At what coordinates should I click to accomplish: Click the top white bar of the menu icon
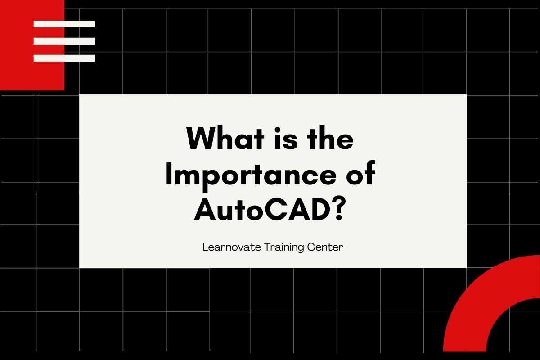click(x=64, y=24)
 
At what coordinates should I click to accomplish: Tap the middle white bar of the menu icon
click(x=64, y=41)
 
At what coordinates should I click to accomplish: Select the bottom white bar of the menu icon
click(x=64, y=58)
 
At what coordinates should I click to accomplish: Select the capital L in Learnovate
click(x=205, y=247)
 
